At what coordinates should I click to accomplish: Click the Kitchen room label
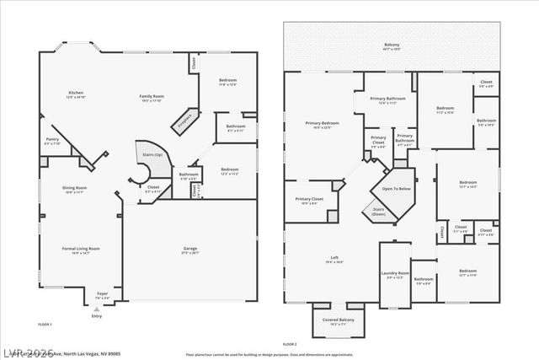click(76, 94)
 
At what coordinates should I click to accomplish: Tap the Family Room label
click(150, 98)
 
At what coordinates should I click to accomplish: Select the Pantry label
click(52, 141)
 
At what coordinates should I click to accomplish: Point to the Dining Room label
click(75, 190)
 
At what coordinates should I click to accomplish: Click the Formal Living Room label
click(81, 250)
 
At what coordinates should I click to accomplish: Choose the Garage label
click(190, 250)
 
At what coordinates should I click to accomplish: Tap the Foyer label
click(102, 296)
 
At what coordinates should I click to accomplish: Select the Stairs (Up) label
click(151, 155)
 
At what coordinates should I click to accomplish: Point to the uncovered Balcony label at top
click(392, 46)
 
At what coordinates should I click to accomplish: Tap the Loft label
click(334, 259)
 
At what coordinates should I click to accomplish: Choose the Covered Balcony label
click(341, 321)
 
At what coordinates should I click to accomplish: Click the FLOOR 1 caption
click(45, 325)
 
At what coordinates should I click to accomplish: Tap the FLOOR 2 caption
click(290, 345)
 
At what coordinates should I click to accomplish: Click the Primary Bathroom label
click(392, 101)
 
